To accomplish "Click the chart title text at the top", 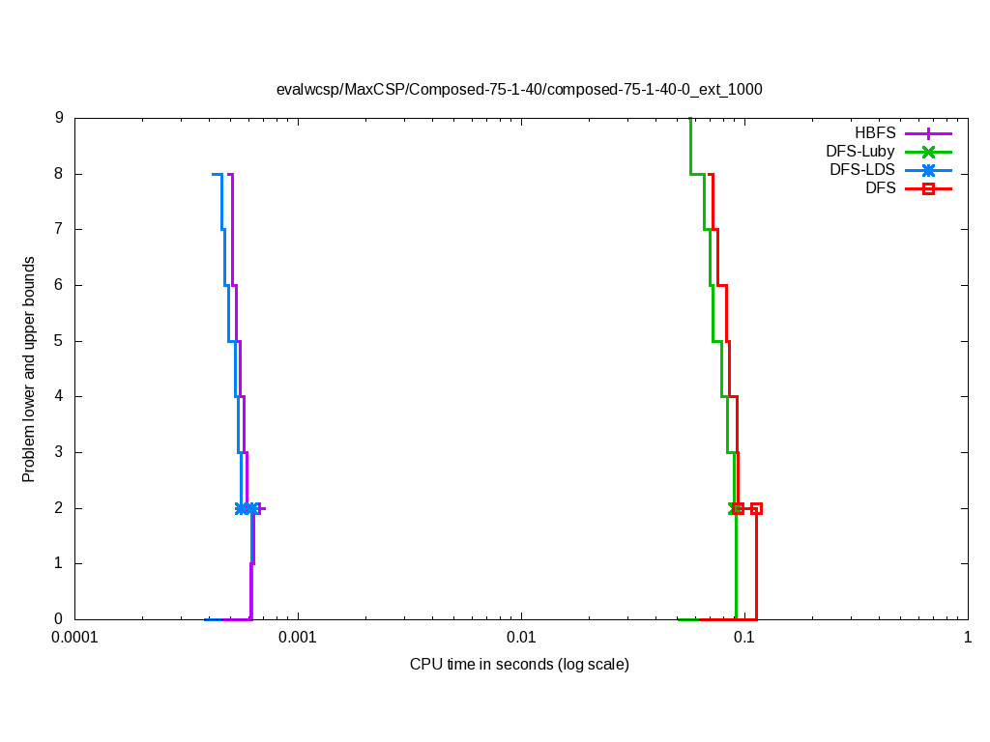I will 519,89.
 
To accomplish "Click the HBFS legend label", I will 875,133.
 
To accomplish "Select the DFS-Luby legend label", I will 860,152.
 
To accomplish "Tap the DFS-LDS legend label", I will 862,170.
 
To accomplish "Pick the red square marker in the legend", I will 928,188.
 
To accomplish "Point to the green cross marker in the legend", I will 928,152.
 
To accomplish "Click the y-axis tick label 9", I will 59,118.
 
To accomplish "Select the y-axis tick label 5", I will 59,341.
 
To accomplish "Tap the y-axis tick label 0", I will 59,619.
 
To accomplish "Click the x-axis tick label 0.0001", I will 74,639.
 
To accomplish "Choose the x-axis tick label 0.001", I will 298,639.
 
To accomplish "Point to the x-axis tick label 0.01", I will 521,639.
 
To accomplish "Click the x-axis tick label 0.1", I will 744,639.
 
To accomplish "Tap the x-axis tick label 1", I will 968,639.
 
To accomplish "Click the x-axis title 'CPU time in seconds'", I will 519,665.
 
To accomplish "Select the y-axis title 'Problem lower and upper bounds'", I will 29,370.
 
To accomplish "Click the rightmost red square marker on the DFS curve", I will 757,508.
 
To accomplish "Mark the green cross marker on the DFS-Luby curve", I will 734,508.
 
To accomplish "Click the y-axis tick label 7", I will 59,229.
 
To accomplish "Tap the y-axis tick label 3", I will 59,452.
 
